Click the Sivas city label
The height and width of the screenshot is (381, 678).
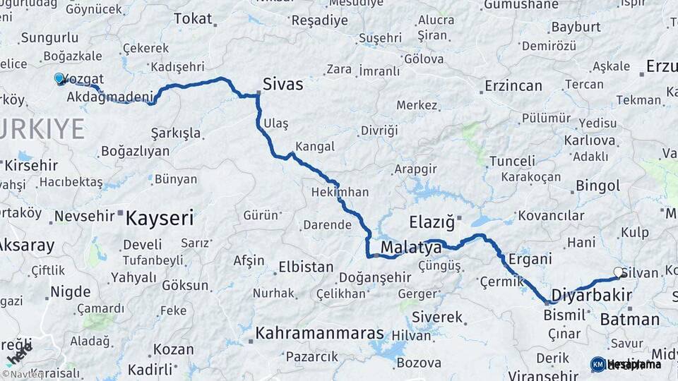(282, 85)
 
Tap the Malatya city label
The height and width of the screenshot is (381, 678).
(411, 248)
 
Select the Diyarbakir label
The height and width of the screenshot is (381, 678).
(591, 295)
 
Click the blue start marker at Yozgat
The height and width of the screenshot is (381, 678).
(59, 78)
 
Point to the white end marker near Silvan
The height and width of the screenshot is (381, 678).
(619, 272)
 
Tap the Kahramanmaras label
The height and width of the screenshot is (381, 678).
(320, 333)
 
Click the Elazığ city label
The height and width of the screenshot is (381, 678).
(432, 223)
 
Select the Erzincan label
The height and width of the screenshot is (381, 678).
(513, 86)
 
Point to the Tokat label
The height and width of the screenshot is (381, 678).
(192, 19)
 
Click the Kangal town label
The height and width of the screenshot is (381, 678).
(315, 147)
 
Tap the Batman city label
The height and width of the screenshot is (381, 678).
(629, 320)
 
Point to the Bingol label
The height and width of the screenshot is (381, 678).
(598, 186)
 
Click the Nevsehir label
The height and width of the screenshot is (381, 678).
(84, 216)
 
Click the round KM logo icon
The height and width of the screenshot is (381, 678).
(598, 364)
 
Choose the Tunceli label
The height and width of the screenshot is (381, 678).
(512, 161)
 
